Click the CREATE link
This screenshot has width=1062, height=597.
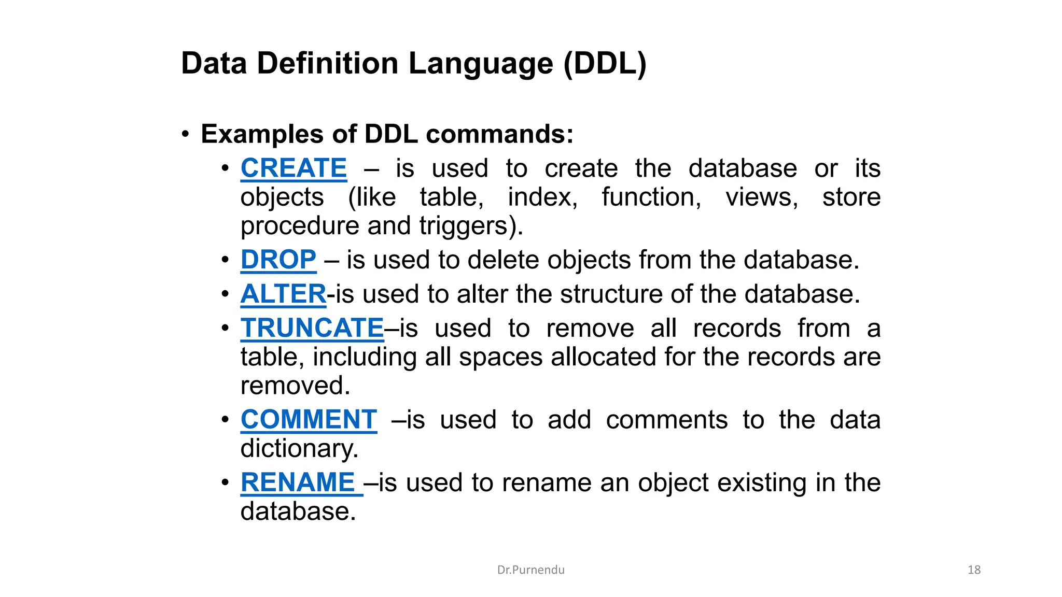294,168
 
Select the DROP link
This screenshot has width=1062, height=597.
278,260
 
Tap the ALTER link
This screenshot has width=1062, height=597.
283,294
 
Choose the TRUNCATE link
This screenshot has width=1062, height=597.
312,328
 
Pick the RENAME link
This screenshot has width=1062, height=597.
298,482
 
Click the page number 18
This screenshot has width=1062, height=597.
974,570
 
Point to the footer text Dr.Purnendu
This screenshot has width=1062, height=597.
530,570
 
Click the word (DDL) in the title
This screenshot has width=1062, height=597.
605,64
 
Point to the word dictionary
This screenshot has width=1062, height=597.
299,448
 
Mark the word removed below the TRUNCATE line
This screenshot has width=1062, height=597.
295,386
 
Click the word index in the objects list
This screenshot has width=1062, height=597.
542,197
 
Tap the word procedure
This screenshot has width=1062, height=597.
300,226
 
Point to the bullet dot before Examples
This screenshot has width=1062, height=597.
186,135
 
